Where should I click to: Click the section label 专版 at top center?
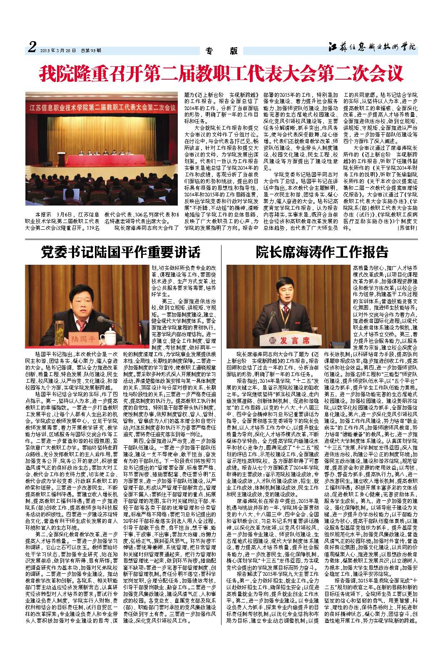tap(221, 51)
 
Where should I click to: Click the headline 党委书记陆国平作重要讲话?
tap(121, 252)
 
